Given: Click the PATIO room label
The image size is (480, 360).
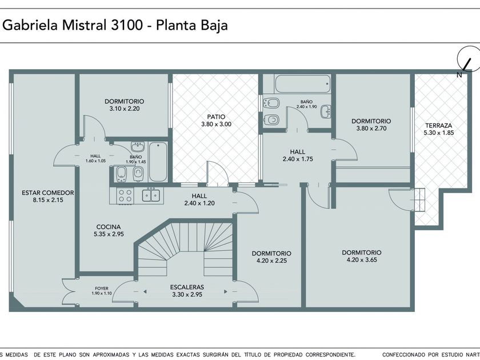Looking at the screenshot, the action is pos(216,117).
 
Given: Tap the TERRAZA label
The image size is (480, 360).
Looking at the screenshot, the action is pos(439,125).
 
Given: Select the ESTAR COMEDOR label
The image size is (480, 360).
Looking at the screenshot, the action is pos(48,193).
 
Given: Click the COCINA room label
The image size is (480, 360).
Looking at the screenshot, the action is pos(109,227).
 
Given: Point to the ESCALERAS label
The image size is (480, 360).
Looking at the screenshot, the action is pos(187,287).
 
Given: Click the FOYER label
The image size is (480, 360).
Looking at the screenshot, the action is pos(102,289).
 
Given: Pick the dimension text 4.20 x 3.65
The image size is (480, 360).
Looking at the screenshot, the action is pos(362,260).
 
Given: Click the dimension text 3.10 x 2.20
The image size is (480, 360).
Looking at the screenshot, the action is pos(125,109).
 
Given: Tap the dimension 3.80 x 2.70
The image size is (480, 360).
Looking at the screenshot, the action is pos(371,129).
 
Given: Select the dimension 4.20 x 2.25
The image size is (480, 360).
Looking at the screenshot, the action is pos(272,261).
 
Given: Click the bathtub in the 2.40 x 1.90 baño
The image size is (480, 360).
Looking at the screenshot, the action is pos(303,83).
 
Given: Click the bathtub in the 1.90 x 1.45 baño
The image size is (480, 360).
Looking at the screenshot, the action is pos(158,162).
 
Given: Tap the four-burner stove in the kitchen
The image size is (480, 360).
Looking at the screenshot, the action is pos(125,195).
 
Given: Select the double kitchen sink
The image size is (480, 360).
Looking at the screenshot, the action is pos(151,195).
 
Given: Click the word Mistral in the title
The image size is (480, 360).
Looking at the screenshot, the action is pos(84,25).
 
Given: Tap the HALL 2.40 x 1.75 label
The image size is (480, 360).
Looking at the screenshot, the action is pos(298,155).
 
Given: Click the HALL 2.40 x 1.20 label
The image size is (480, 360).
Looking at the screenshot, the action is pos(199,199).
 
